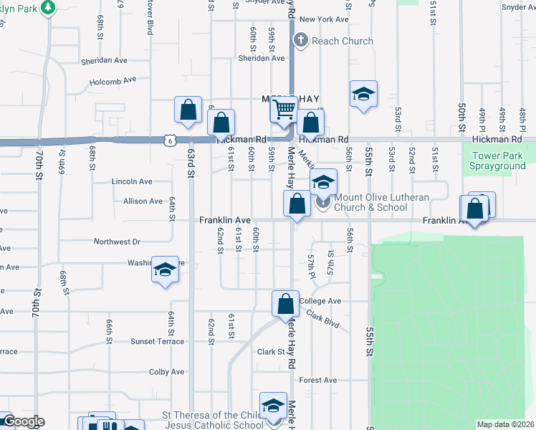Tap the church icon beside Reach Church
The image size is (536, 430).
click(x=301, y=41)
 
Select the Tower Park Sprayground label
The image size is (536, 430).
click(x=498, y=160)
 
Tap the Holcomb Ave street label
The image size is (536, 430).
click(x=119, y=80)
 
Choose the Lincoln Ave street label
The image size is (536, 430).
click(x=132, y=182)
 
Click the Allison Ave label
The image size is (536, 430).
click(x=143, y=201)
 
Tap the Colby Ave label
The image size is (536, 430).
click(x=168, y=372)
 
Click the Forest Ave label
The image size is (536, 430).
click(x=318, y=380)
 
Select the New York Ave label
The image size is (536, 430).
click(x=324, y=19)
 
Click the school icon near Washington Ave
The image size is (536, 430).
click(x=165, y=271)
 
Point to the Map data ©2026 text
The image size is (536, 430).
click(x=505, y=424)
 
